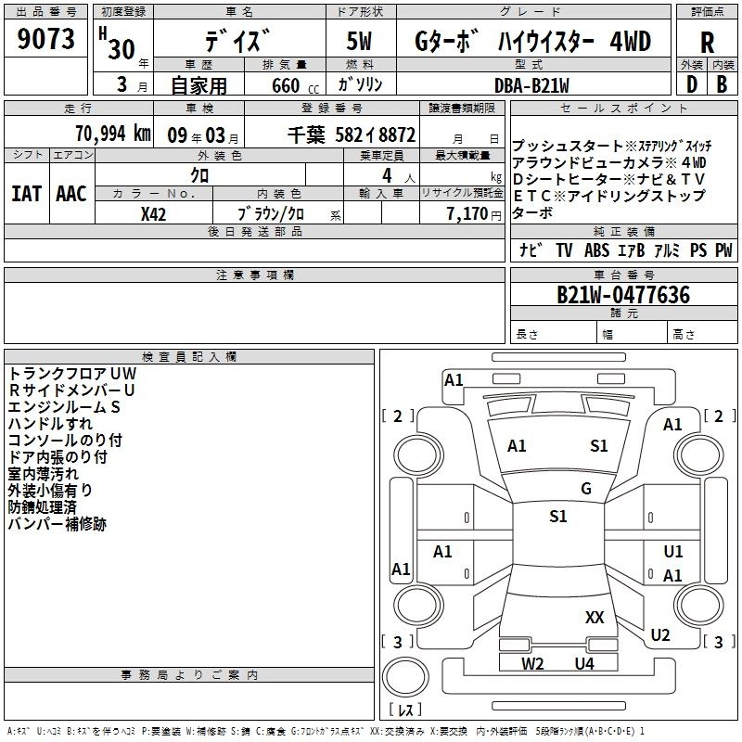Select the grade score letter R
pyautogui.click(x=708, y=42)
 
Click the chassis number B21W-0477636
pyautogui.click(x=623, y=295)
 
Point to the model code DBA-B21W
pyautogui.click(x=531, y=85)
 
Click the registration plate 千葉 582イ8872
pyautogui.click(x=352, y=133)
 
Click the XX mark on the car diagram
pyautogui.click(x=595, y=617)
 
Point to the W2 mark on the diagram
pyautogui.click(x=532, y=663)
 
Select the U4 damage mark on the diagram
pyautogui.click(x=583, y=663)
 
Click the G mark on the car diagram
pyautogui.click(x=586, y=489)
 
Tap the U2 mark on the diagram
pyautogui.click(x=660, y=635)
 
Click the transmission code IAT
pyautogui.click(x=26, y=193)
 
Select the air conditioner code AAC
pyautogui.click(x=71, y=193)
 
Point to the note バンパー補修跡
pyautogui.click(x=57, y=524)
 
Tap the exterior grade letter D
pyautogui.click(x=691, y=85)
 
